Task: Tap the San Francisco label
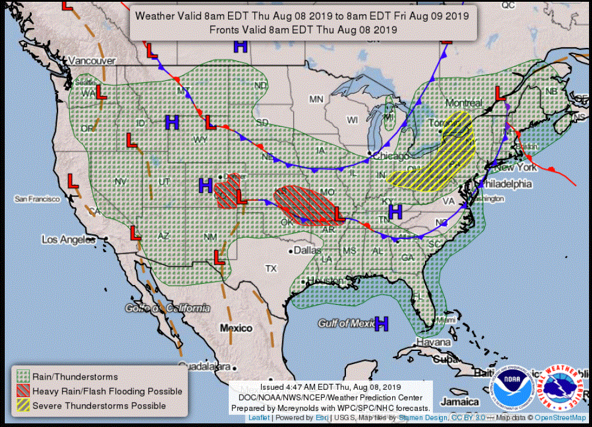[x=38, y=198]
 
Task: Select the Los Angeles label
[x=68, y=240]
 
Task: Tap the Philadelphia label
[x=505, y=184]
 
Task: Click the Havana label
[x=434, y=342]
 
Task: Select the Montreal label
[x=463, y=103]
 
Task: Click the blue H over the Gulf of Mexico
[x=381, y=324]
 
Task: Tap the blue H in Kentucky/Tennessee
[x=395, y=211]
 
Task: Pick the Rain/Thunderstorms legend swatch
[x=22, y=377]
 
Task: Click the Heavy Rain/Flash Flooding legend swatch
[x=22, y=391]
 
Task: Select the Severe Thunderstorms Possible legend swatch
[x=22, y=405]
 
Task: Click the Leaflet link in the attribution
[x=259, y=417]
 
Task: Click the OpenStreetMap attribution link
[x=560, y=417]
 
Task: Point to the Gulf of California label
[x=168, y=308]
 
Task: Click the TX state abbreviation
[x=271, y=269]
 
